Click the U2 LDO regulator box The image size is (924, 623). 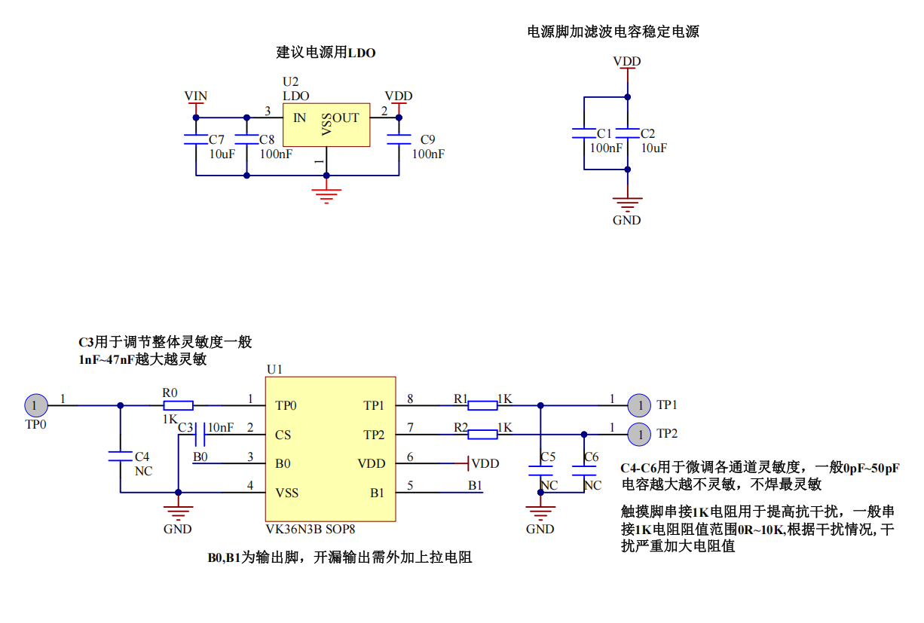[326, 125]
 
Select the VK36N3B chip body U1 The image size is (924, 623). [330, 449]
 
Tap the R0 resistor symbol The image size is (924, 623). [178, 405]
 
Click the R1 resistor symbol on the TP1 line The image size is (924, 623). [482, 405]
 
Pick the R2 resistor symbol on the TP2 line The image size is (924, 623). [482, 434]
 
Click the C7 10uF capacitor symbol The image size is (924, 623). [196, 140]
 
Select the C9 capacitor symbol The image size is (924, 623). [399, 140]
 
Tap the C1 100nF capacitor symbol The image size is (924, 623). [585, 133]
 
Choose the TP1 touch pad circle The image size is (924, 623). [639, 405]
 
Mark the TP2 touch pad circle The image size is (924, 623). [639, 434]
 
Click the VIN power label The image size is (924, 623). [196, 96]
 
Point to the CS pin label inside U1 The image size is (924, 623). [283, 435]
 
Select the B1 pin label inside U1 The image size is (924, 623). [377, 493]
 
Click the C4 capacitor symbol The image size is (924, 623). [120, 457]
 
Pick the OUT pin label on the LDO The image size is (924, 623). [346, 118]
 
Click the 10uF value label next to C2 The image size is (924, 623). [653, 148]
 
